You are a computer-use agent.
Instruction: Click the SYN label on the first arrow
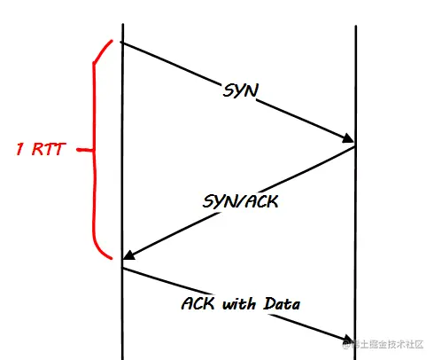(x=241, y=90)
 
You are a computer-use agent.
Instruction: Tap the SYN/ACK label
(x=240, y=201)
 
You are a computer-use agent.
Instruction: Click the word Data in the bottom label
(x=282, y=303)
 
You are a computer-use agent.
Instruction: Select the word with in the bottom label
(x=239, y=304)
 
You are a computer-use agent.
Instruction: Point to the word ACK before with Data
(x=198, y=303)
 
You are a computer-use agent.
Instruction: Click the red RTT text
(x=49, y=149)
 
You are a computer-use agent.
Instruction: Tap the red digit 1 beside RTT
(x=20, y=149)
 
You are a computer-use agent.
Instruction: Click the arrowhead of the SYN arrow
(x=348, y=138)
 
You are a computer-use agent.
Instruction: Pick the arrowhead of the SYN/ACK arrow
(x=128, y=255)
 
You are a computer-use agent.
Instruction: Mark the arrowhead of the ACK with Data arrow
(x=349, y=339)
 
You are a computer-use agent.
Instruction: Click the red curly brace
(x=95, y=150)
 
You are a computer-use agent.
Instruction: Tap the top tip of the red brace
(x=112, y=41)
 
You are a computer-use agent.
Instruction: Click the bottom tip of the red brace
(x=112, y=259)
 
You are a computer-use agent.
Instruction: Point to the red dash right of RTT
(x=84, y=150)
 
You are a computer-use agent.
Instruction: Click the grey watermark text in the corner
(x=383, y=344)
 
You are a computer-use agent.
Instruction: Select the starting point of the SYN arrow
(x=120, y=43)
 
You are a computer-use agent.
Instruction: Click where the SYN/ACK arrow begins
(x=354, y=147)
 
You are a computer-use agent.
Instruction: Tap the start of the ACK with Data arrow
(x=123, y=268)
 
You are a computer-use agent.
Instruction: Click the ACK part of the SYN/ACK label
(x=261, y=201)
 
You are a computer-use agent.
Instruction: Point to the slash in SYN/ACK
(x=241, y=201)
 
